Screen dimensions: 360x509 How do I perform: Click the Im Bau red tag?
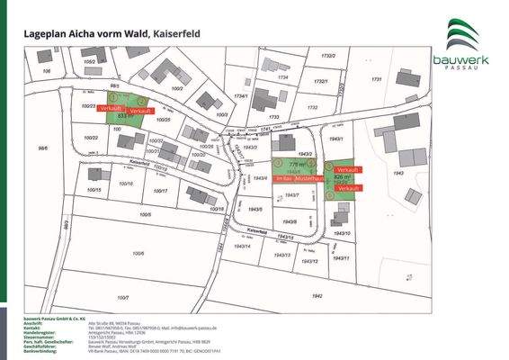[283, 180]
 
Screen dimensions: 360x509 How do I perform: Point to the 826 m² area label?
[342, 179]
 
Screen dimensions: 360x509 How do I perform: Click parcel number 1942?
[316, 295]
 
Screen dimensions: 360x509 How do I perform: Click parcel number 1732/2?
[326, 57]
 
